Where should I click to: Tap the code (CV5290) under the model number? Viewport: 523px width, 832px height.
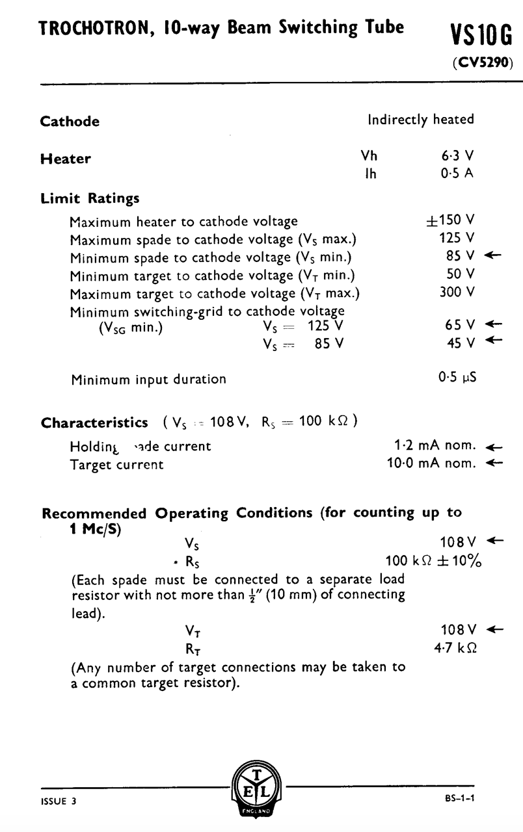coord(481,64)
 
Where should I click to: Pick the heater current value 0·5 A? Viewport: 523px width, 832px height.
coord(457,174)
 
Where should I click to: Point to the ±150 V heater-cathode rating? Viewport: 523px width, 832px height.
coord(449,221)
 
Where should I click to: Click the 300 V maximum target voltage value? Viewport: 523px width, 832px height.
coord(457,292)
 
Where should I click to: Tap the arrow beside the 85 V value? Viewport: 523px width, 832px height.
coord(494,256)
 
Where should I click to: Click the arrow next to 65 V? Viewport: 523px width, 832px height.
coord(494,324)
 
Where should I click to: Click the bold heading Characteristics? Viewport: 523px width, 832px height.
coord(94,423)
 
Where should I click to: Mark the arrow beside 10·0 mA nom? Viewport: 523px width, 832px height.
coord(494,463)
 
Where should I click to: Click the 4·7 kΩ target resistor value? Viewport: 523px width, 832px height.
coord(459,648)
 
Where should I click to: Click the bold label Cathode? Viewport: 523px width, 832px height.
coord(70,122)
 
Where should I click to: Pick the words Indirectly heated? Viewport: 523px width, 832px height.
coord(421,120)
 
